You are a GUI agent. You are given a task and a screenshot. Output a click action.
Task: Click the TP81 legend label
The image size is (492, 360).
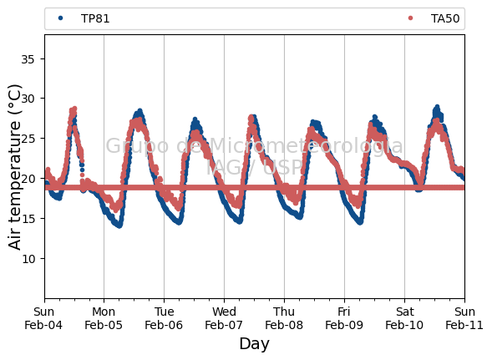95,19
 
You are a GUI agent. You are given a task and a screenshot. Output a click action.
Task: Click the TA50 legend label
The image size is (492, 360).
445,19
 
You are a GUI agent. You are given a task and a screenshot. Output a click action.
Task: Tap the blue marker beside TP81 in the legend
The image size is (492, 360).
60,18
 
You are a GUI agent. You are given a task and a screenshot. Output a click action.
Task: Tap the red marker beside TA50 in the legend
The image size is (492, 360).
410,18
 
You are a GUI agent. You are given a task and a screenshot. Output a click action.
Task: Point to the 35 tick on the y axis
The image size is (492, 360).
28,59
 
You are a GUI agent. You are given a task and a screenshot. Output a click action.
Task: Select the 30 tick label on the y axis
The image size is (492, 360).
28,99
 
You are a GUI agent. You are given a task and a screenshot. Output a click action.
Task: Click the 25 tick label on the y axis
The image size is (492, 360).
28,139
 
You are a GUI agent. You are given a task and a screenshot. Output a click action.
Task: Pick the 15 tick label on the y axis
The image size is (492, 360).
28,219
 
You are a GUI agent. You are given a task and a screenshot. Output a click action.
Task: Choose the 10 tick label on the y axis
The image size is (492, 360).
28,259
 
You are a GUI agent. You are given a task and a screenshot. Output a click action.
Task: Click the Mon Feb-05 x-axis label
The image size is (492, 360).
104,318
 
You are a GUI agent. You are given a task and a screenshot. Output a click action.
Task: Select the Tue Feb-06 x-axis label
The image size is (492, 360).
164,318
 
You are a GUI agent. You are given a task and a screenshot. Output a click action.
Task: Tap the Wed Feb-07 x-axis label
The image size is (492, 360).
224,318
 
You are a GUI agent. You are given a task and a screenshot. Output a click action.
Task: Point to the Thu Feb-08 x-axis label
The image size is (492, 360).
284,318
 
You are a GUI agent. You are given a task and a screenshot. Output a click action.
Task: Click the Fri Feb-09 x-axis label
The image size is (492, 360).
344,318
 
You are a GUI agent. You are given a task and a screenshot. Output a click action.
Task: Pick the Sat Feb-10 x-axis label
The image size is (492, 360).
404,318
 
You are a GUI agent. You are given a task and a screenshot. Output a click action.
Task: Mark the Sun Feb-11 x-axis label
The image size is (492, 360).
464,318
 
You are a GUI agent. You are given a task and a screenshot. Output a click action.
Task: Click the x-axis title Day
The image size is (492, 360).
254,344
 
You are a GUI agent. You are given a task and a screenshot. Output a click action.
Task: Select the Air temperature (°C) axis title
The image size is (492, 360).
14,167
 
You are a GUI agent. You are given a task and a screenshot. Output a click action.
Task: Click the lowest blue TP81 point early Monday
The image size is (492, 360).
119,226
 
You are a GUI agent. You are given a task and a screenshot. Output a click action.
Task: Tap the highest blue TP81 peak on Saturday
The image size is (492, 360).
437,108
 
